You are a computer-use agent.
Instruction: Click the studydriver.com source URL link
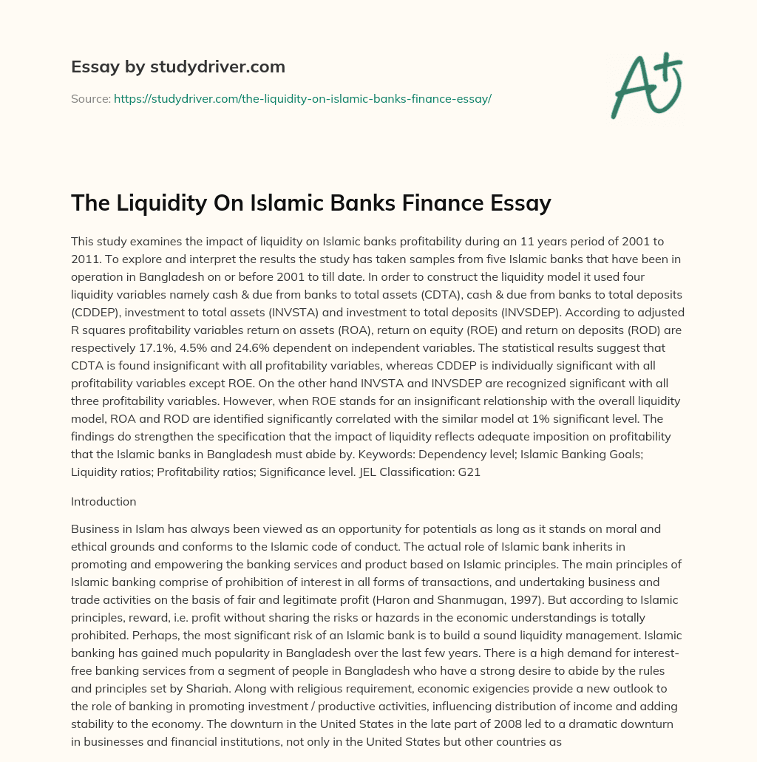302,98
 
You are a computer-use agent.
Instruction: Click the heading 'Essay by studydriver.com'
177,67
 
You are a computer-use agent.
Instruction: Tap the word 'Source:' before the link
90,98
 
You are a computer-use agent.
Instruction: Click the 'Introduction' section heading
103,501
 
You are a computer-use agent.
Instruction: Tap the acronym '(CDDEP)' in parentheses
94,312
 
